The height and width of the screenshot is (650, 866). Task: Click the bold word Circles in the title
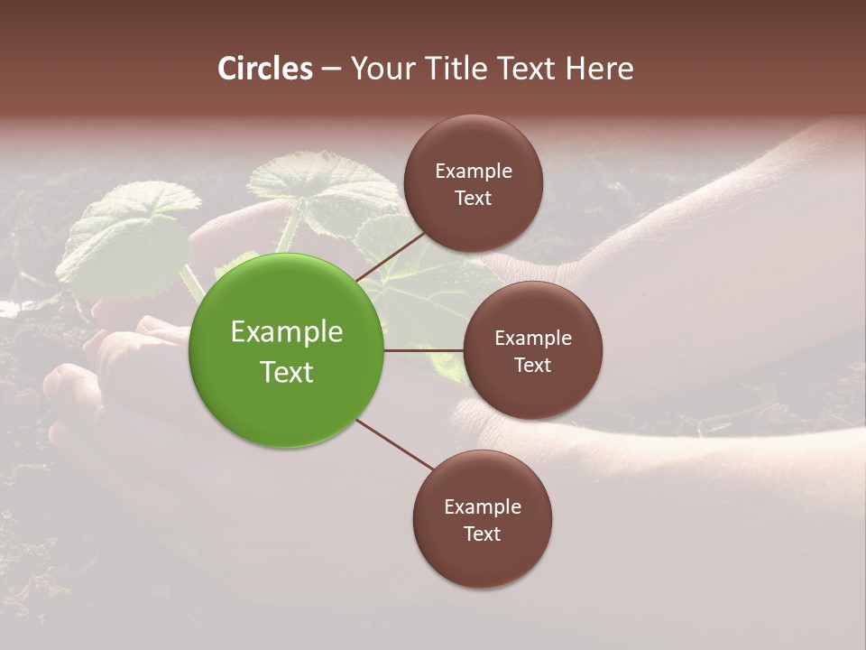(x=265, y=69)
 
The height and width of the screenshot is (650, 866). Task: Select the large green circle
(x=287, y=350)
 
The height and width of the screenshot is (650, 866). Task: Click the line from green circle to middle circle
(x=424, y=350)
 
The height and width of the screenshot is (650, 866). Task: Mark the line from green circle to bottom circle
(x=395, y=444)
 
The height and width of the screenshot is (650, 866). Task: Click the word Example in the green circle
(x=287, y=331)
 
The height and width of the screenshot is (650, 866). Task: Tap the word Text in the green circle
(x=287, y=372)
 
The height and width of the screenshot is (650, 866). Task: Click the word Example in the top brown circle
(x=474, y=171)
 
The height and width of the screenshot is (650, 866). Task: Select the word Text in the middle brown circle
(x=532, y=365)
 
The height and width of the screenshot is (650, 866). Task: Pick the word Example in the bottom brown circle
(x=483, y=506)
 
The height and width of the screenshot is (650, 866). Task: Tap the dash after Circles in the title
(x=330, y=69)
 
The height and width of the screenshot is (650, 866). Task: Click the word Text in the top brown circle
(x=474, y=198)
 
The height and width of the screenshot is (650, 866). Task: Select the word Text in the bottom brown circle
(x=483, y=534)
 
